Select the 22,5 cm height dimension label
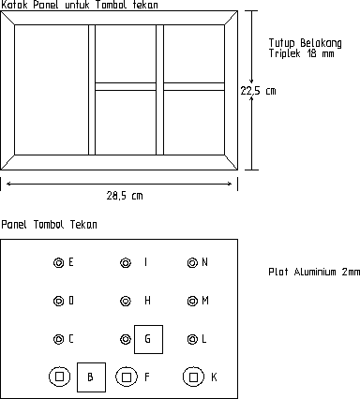tap(259, 91)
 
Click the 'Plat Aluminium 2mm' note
tap(313, 273)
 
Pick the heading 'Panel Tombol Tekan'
tap(50, 225)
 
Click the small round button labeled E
tap(58, 263)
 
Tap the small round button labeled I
tap(125, 263)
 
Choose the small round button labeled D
tap(58, 302)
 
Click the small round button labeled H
tap(125, 302)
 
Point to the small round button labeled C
tap(58, 339)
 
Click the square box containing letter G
tap(148, 338)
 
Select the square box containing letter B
tap(91, 376)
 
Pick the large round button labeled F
tap(126, 377)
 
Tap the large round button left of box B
tap(59, 377)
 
